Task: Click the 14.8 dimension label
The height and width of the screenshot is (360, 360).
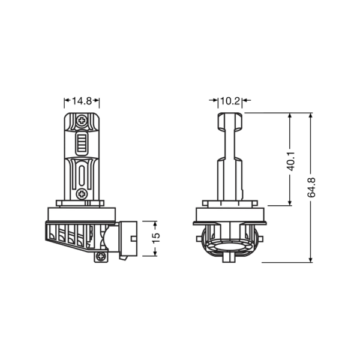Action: tap(82, 101)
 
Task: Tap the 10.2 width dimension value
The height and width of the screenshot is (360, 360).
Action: tap(230, 101)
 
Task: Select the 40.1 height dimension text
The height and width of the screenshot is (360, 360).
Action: tap(290, 161)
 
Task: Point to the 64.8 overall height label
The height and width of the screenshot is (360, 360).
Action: tap(311, 187)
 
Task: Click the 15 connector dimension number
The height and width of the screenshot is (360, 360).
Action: tap(156, 238)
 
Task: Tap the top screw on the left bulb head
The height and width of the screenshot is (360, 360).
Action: tap(82, 121)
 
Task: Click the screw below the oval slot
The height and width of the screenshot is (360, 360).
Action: tap(82, 194)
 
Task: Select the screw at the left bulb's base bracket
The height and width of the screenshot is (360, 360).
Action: tap(101, 256)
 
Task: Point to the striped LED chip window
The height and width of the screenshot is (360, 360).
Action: tap(82, 143)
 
